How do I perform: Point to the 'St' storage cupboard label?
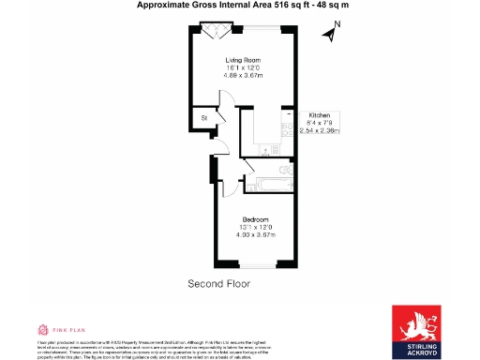(204, 118)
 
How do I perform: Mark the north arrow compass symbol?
(328, 36)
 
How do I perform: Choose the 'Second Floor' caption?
(219, 283)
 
